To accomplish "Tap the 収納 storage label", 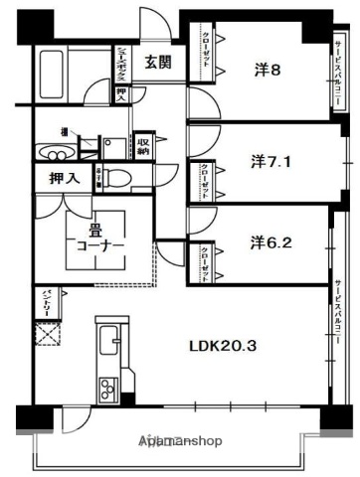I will click(143, 147).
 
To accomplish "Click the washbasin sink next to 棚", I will click(50, 152).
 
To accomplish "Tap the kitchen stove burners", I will click(106, 388).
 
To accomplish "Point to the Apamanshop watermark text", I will click(181, 438).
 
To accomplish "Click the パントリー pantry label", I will click(46, 300).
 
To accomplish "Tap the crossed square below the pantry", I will click(47, 334).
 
